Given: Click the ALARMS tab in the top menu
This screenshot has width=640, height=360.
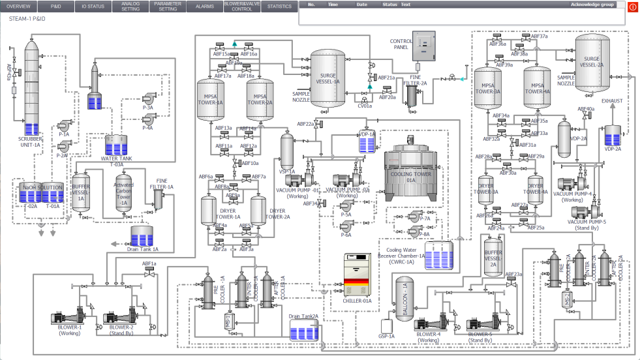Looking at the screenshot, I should (x=204, y=7).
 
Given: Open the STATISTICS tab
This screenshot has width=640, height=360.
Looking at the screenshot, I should (x=280, y=7).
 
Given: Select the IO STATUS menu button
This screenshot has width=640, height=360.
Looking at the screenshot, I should (x=93, y=7).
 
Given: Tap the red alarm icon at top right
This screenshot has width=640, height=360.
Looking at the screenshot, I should (x=632, y=7).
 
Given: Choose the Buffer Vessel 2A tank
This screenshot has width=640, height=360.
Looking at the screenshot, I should (x=493, y=255).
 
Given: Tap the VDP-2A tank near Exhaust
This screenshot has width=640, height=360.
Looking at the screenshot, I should (x=613, y=136).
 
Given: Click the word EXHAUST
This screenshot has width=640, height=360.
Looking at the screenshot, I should (x=611, y=101).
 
